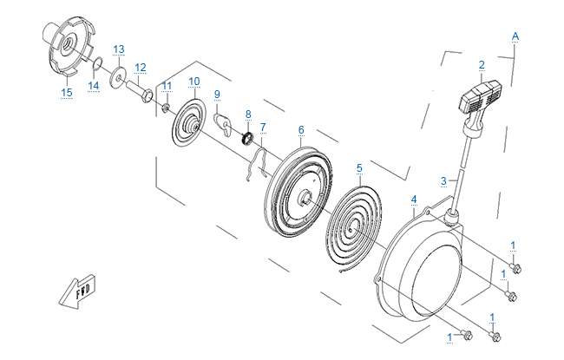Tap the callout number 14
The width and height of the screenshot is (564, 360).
tap(93, 85)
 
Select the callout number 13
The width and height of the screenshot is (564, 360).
tap(119, 49)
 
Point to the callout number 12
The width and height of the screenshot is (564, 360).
tap(141, 67)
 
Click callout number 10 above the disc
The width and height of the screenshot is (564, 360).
tap(193, 82)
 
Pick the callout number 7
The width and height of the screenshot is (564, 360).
tap(263, 127)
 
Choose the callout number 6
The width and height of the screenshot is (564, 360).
tap(301, 130)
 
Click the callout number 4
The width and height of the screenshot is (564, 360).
tap(414, 200)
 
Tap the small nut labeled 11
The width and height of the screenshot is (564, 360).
tap(164, 107)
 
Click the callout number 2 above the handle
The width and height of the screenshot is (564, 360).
tap(481, 64)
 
